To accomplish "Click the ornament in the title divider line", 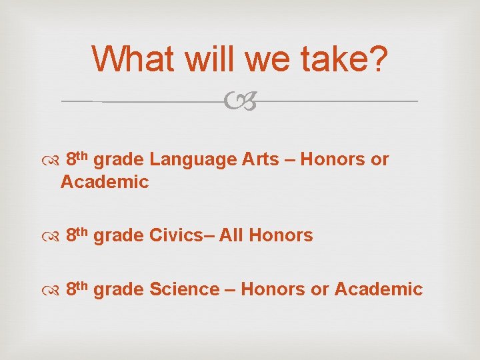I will click(x=239, y=102).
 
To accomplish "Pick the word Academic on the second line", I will click(x=105, y=182).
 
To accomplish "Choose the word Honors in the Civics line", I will click(x=285, y=235).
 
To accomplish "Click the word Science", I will click(x=185, y=289).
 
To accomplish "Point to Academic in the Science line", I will click(x=378, y=289).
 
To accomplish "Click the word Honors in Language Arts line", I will click(x=333, y=160).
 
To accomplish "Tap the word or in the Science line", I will click(x=319, y=289).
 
